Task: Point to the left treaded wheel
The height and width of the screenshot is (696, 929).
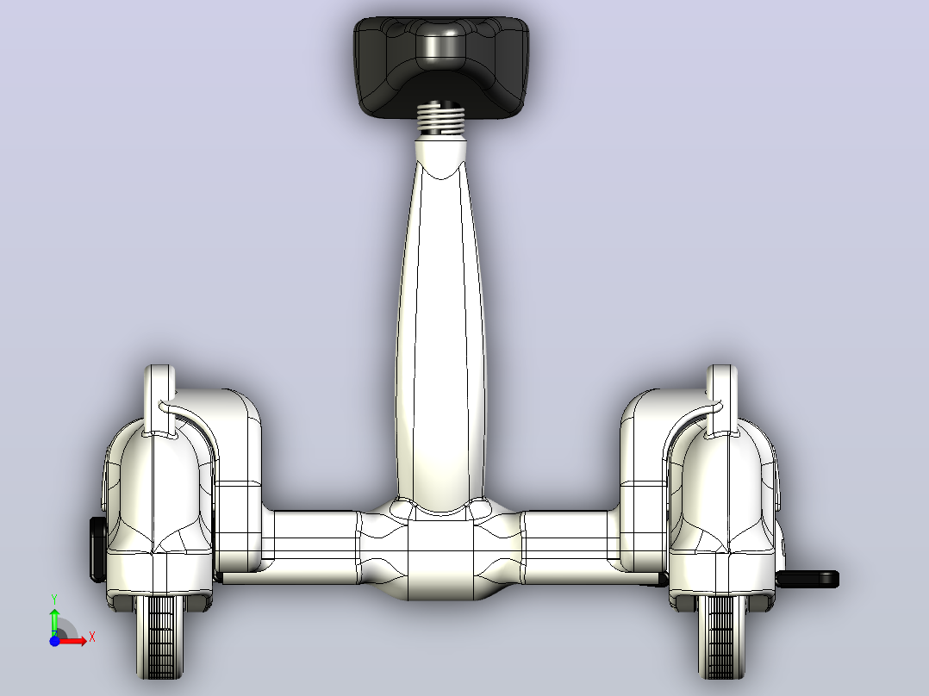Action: [x=159, y=637]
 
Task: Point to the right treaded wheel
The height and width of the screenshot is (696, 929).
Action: [x=721, y=637]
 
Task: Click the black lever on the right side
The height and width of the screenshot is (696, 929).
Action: [x=807, y=579]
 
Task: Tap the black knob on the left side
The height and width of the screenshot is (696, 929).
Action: [x=97, y=549]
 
